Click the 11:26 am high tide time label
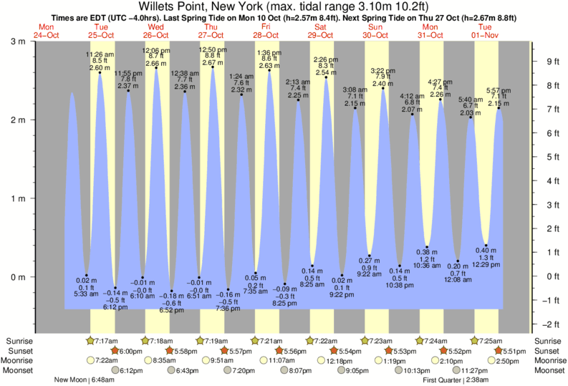[x=99, y=54]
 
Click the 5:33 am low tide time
[x=85, y=294]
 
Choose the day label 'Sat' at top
[x=320, y=26]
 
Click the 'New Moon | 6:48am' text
[x=85, y=380]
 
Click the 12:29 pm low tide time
[x=486, y=266]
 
